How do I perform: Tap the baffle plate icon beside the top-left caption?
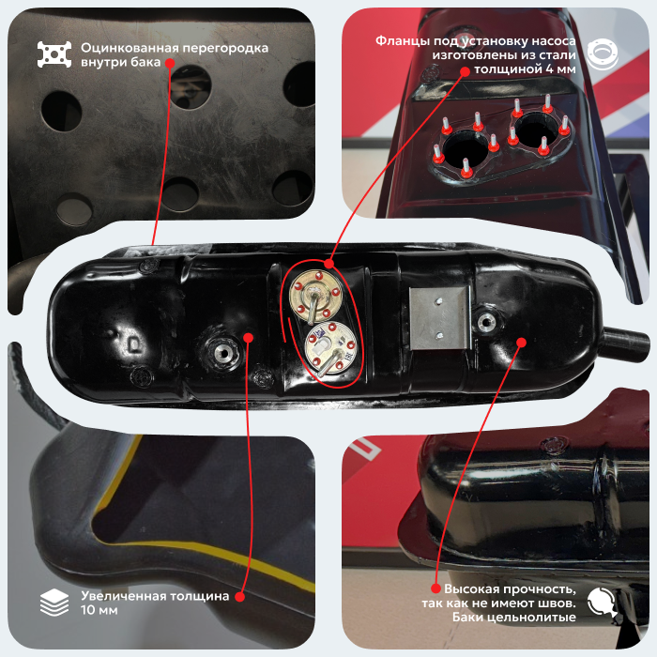tap(54, 54)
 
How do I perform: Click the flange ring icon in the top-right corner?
tap(603, 54)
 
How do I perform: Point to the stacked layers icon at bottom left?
tap(54, 603)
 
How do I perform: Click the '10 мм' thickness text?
tap(99, 610)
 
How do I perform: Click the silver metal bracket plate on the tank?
tap(439, 318)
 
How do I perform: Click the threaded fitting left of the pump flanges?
tap(224, 353)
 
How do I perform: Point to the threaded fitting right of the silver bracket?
tap(486, 322)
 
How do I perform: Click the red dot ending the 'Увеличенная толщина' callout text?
tap(239, 597)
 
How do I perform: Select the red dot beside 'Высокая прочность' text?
tap(435, 588)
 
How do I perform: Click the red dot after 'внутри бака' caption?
tap(170, 63)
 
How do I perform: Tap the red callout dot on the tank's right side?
tap(521, 343)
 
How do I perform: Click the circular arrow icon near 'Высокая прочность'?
tap(602, 603)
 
